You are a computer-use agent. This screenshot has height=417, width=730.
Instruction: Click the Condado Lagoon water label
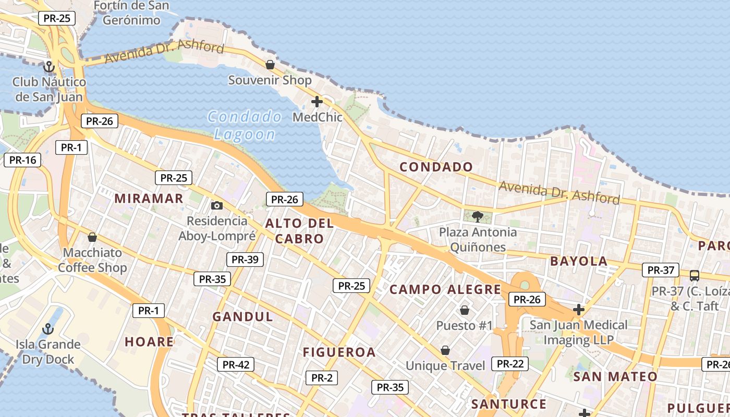(x=244, y=125)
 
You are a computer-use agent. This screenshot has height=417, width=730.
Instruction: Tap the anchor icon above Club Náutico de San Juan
(x=48, y=67)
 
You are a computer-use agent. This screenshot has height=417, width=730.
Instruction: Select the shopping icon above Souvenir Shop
(x=270, y=65)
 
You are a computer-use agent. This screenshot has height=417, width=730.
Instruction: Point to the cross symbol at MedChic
(x=317, y=102)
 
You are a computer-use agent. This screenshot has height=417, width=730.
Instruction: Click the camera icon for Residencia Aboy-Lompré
(x=217, y=206)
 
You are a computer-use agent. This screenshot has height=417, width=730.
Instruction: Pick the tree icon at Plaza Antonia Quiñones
(x=477, y=216)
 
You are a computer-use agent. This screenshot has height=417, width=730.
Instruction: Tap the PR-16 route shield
(x=22, y=160)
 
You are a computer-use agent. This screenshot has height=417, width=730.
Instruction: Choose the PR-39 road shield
(x=245, y=260)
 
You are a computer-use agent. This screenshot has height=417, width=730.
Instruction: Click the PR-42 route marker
(x=236, y=365)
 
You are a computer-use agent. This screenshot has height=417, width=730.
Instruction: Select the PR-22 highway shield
(x=510, y=364)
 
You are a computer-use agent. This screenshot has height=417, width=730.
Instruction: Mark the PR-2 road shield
(x=322, y=378)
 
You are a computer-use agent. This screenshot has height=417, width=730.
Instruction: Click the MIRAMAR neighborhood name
(x=149, y=199)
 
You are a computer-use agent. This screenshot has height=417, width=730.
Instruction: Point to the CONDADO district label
(x=436, y=167)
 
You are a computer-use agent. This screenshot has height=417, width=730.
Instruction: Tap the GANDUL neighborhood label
(x=243, y=317)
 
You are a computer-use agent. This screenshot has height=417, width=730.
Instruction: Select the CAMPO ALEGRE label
(x=445, y=290)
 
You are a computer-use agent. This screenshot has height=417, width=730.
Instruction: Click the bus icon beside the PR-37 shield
(x=694, y=275)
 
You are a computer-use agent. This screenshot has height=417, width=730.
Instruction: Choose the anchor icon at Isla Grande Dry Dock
(x=48, y=329)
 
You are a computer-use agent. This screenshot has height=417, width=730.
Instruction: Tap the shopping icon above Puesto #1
(x=464, y=311)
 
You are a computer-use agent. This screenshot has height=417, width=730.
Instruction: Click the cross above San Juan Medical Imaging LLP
(x=578, y=310)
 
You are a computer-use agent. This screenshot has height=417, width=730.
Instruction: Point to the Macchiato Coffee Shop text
(x=92, y=260)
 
